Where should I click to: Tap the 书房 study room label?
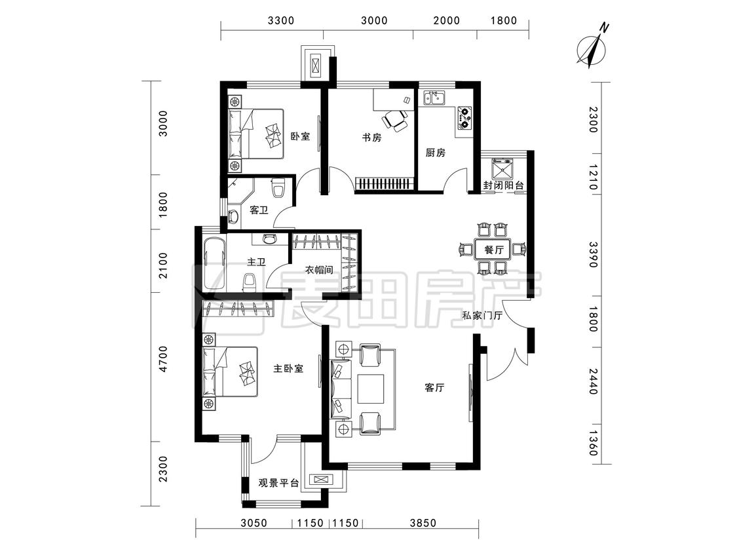click(371, 138)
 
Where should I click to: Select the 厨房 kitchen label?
click(435, 153)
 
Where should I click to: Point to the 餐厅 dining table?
click(493, 249)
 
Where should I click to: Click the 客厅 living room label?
click(434, 388)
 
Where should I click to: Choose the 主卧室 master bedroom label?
click(288, 369)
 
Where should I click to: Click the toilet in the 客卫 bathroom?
click(278, 189)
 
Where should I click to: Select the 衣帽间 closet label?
click(319, 270)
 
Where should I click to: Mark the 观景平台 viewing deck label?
click(278, 484)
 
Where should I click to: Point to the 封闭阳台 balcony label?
click(503, 185)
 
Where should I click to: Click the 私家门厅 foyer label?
click(482, 316)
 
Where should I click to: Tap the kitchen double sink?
click(435, 98)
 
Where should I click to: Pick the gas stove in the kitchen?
click(464, 118)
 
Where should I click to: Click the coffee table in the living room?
click(371, 389)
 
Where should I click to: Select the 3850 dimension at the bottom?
click(423, 523)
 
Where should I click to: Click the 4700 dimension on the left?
click(162, 359)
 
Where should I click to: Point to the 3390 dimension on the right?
click(593, 254)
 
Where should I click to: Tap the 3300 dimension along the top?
click(281, 20)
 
